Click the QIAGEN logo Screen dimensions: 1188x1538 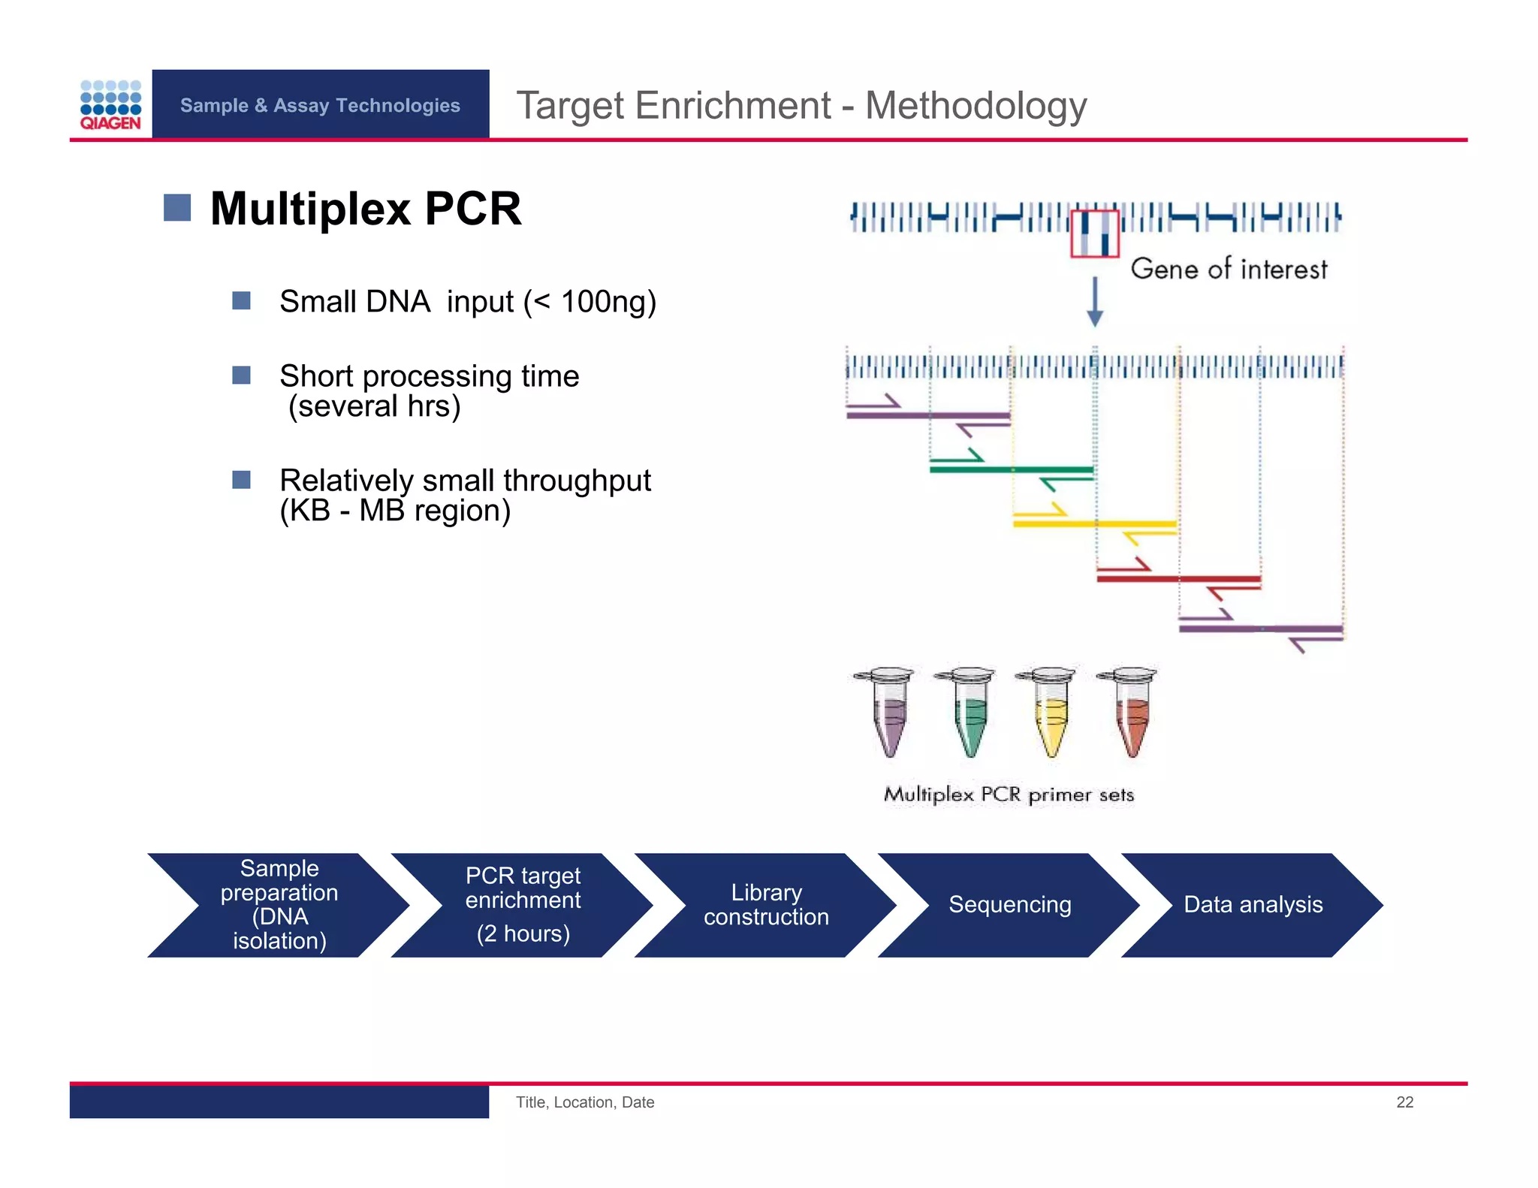(x=110, y=105)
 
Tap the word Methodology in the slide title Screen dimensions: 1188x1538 (x=976, y=105)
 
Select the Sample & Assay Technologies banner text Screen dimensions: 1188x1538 (x=320, y=105)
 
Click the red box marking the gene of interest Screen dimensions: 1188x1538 (x=1094, y=234)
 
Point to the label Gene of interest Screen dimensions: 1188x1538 (x=1229, y=269)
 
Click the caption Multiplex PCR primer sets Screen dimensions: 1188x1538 (x=1009, y=795)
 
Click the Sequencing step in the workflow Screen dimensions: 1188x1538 (x=1009, y=905)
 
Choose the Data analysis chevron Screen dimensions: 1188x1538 (x=1253, y=905)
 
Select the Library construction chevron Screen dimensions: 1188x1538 (x=766, y=905)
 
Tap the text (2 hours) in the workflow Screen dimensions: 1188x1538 (x=523, y=933)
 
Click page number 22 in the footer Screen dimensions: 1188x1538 (x=1404, y=1102)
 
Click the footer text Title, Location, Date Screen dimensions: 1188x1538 (x=585, y=1102)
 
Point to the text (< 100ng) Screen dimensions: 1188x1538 (x=590, y=302)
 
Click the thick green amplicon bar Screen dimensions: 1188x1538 (x=1011, y=469)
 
